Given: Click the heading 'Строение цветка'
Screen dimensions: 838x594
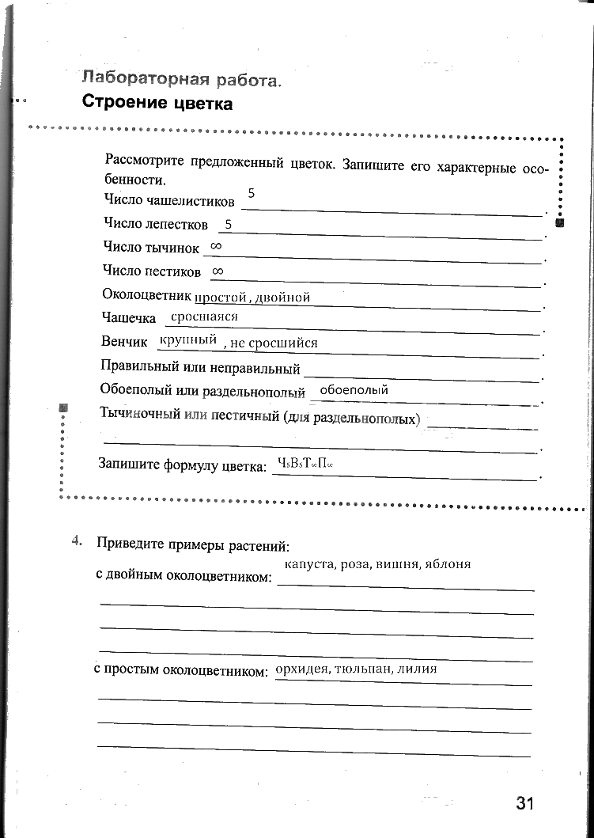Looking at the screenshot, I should (x=157, y=104).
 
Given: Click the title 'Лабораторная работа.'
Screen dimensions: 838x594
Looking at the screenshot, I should (x=181, y=79).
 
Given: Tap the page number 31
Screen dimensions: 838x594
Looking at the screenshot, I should (x=525, y=804).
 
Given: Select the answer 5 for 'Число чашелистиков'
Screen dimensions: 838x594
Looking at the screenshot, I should (x=251, y=193).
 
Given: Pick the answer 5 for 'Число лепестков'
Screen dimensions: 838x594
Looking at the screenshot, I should (x=228, y=225).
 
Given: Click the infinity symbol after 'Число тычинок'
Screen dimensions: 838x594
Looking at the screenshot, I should (x=216, y=247).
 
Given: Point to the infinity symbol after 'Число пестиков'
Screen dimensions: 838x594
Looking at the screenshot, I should (x=218, y=271).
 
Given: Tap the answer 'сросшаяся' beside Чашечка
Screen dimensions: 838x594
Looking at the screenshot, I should (x=204, y=317).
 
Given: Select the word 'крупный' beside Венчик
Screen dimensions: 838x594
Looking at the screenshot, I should (x=187, y=340).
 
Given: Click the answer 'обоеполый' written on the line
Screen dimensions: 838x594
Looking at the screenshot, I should (x=354, y=390).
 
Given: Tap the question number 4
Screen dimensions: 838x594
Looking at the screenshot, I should (x=77, y=541).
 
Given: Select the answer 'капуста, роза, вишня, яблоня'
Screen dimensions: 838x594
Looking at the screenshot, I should (x=377, y=564).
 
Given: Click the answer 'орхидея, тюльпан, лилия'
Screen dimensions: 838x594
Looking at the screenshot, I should (x=356, y=669).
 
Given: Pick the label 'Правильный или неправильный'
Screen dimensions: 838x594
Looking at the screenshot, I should (x=201, y=368).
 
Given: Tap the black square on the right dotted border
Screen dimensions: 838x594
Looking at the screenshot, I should (x=559, y=222).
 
